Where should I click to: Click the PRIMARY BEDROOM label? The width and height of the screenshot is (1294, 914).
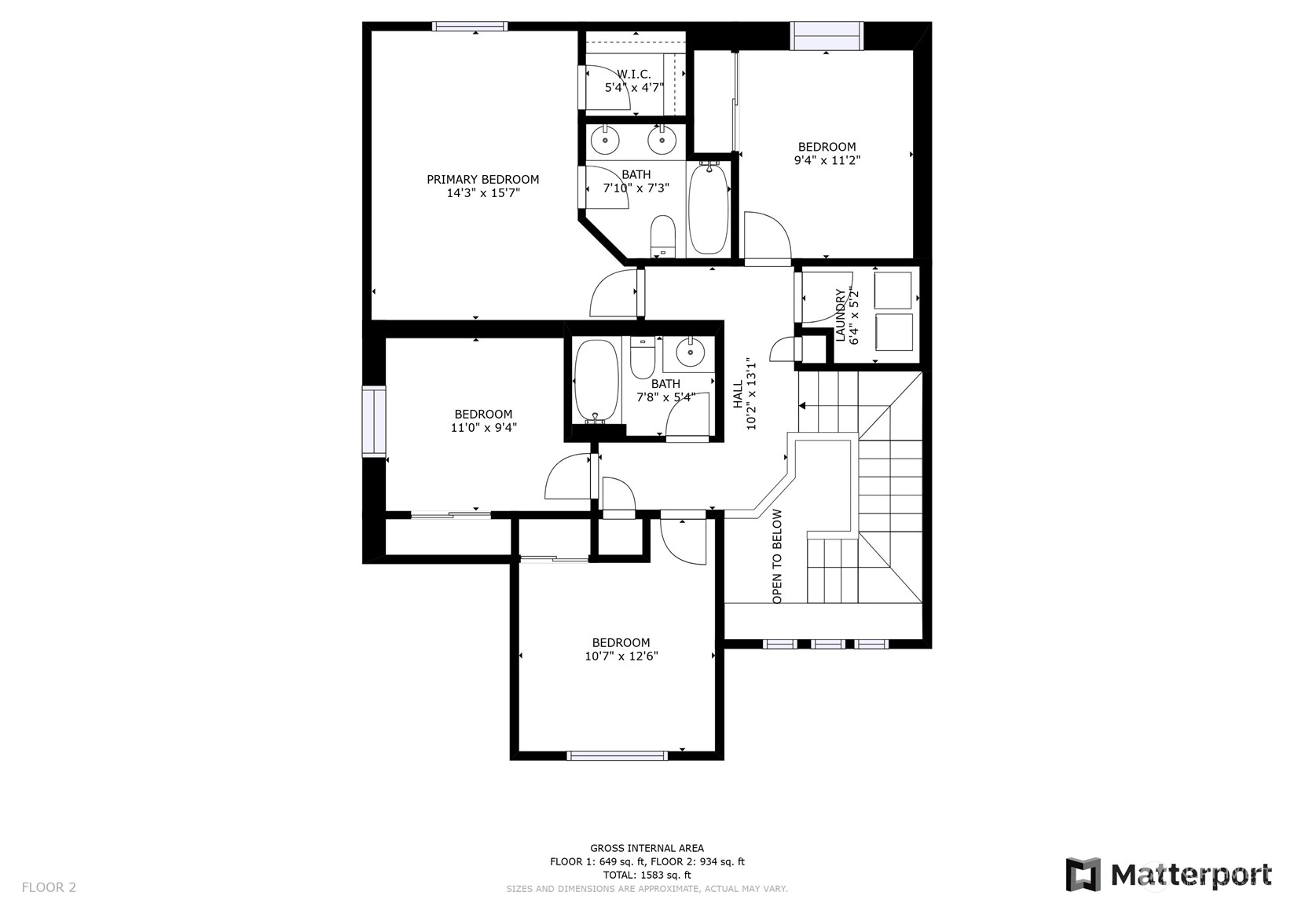483,180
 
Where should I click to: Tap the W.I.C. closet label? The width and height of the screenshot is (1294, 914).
634,75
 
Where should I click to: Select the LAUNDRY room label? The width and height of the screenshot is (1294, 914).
841,315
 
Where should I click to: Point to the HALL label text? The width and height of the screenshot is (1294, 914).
738,394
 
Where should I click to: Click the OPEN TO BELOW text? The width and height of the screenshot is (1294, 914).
777,557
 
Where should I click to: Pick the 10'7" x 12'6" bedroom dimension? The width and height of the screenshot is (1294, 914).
621,656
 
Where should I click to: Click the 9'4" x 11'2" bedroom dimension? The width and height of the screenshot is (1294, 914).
827,160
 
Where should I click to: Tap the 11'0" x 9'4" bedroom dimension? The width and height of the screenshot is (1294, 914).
483,428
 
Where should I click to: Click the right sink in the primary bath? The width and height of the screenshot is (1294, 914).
662,141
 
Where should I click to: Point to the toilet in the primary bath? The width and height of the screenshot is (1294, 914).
662,236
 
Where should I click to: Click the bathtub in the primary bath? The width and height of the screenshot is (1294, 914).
709,208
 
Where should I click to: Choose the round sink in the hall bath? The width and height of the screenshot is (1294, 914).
688,353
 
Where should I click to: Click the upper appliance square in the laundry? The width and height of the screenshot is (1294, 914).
893,291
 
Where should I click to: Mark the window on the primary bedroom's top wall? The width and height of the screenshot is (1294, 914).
470,26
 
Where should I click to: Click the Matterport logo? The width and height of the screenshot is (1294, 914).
1168,875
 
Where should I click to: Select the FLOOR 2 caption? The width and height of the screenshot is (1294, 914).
49,887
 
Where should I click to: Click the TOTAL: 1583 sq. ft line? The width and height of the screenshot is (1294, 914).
647,876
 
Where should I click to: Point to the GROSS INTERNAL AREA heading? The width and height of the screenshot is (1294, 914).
647,848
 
